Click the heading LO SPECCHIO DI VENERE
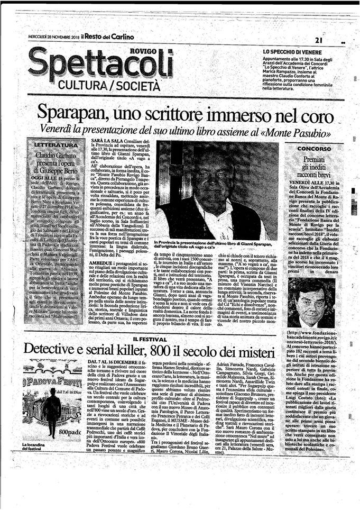click(292, 51)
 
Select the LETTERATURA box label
click(54, 144)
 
